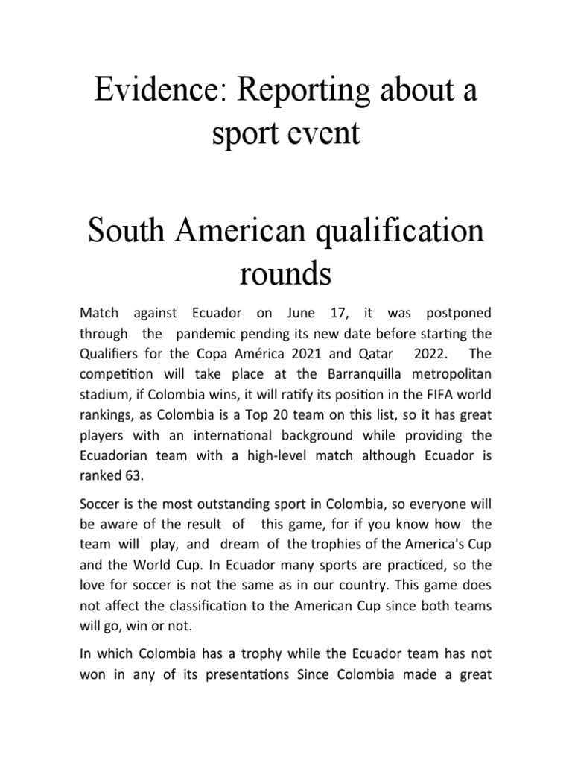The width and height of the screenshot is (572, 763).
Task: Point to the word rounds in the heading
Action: [285, 273]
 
